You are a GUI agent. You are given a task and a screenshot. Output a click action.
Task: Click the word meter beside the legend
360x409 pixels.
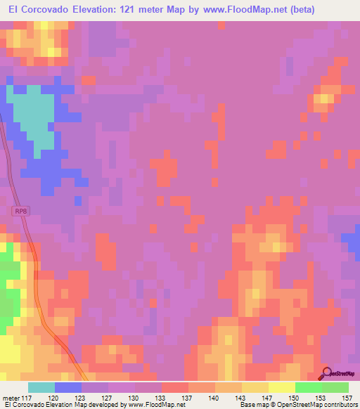[13, 397]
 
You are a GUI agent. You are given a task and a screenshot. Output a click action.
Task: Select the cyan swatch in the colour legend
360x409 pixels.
[41, 387]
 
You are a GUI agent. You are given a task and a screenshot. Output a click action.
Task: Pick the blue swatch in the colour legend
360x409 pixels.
[68, 387]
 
